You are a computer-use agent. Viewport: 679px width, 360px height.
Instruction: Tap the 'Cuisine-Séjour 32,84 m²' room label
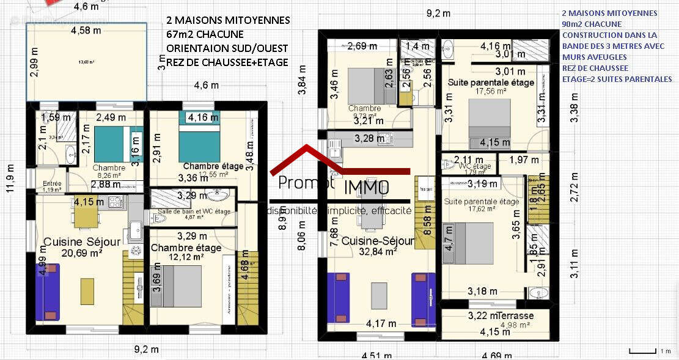(x=377, y=245)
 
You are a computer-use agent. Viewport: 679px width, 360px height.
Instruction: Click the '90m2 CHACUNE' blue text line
(x=592, y=24)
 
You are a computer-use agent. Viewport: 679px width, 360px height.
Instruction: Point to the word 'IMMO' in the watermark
(x=366, y=187)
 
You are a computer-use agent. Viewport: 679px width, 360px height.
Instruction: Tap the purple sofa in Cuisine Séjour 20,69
(x=48, y=292)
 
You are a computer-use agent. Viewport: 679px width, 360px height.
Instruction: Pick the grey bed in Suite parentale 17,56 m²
(x=489, y=120)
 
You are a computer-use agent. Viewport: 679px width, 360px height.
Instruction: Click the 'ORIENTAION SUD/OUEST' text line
(x=227, y=48)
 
